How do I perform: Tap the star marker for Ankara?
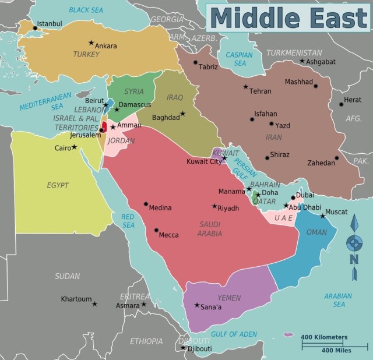click(91, 43)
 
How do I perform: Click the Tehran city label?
click(260, 91)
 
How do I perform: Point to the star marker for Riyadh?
click(214, 206)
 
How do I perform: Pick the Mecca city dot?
click(156, 230)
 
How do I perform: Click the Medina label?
click(160, 207)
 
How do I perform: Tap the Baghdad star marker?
click(182, 114)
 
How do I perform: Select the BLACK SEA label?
click(86, 10)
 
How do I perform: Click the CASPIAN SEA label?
click(239, 59)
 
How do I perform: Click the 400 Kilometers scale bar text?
click(324, 337)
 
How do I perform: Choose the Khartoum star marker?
click(94, 303)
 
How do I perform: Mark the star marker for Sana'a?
click(197, 305)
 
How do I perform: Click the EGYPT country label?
click(58, 185)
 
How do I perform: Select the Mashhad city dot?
click(316, 86)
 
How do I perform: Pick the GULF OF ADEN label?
click(234, 334)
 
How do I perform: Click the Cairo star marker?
click(74, 147)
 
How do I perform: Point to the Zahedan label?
click(319, 164)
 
